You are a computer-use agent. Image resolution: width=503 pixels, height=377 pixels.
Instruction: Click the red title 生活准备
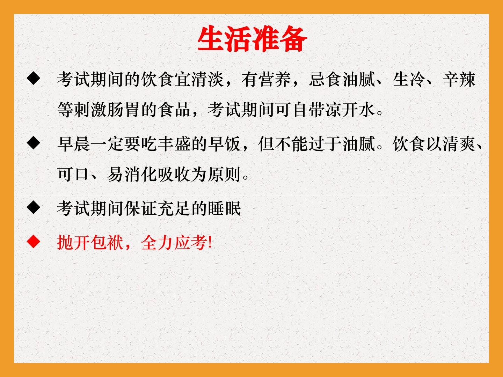pos(252,39)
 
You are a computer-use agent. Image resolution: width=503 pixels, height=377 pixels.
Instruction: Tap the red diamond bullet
pos(34,242)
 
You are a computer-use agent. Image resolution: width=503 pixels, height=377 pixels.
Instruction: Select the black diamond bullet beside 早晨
pos(34,143)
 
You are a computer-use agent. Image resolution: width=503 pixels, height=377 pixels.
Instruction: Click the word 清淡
pos(208,80)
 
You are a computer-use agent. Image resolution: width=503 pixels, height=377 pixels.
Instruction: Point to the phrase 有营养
pos(267,80)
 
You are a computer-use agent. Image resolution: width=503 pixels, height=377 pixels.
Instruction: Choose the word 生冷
pos(409,80)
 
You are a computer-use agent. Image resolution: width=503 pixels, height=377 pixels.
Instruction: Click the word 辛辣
pos(459,80)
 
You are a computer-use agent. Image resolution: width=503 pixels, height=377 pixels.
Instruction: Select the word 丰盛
pos(175,144)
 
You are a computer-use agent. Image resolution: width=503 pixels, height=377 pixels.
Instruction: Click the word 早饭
pos(225,144)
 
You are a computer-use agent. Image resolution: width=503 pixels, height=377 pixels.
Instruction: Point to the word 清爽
pos(459,144)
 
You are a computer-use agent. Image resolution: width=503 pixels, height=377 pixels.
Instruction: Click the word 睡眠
pos(225,208)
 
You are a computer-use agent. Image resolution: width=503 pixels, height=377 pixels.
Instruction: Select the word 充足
pos(175,208)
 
